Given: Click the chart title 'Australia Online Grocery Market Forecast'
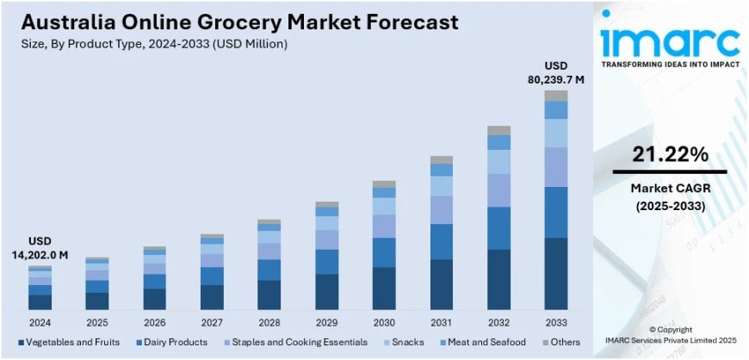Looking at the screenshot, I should coord(233,21).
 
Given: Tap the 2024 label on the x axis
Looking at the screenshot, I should coord(40,322).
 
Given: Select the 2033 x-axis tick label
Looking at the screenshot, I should coord(556,322).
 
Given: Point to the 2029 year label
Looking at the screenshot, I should coord(326,322).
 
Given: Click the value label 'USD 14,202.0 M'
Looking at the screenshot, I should coord(40,248).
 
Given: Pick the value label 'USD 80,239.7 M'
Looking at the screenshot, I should coord(556,72).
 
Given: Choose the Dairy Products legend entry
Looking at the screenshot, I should coord(172,342).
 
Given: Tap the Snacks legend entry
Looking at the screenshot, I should coord(401,342).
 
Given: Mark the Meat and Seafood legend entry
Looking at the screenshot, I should coord(479,342).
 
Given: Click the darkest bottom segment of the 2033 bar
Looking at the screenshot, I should coord(556,274).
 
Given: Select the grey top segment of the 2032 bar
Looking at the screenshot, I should coord(498,131).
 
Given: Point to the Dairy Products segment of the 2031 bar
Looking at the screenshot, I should coord(442,241).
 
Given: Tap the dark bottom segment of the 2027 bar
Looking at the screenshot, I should coord(212,297).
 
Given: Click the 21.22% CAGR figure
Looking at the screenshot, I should coord(670,154).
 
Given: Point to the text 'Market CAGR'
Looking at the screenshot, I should coord(670,188).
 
